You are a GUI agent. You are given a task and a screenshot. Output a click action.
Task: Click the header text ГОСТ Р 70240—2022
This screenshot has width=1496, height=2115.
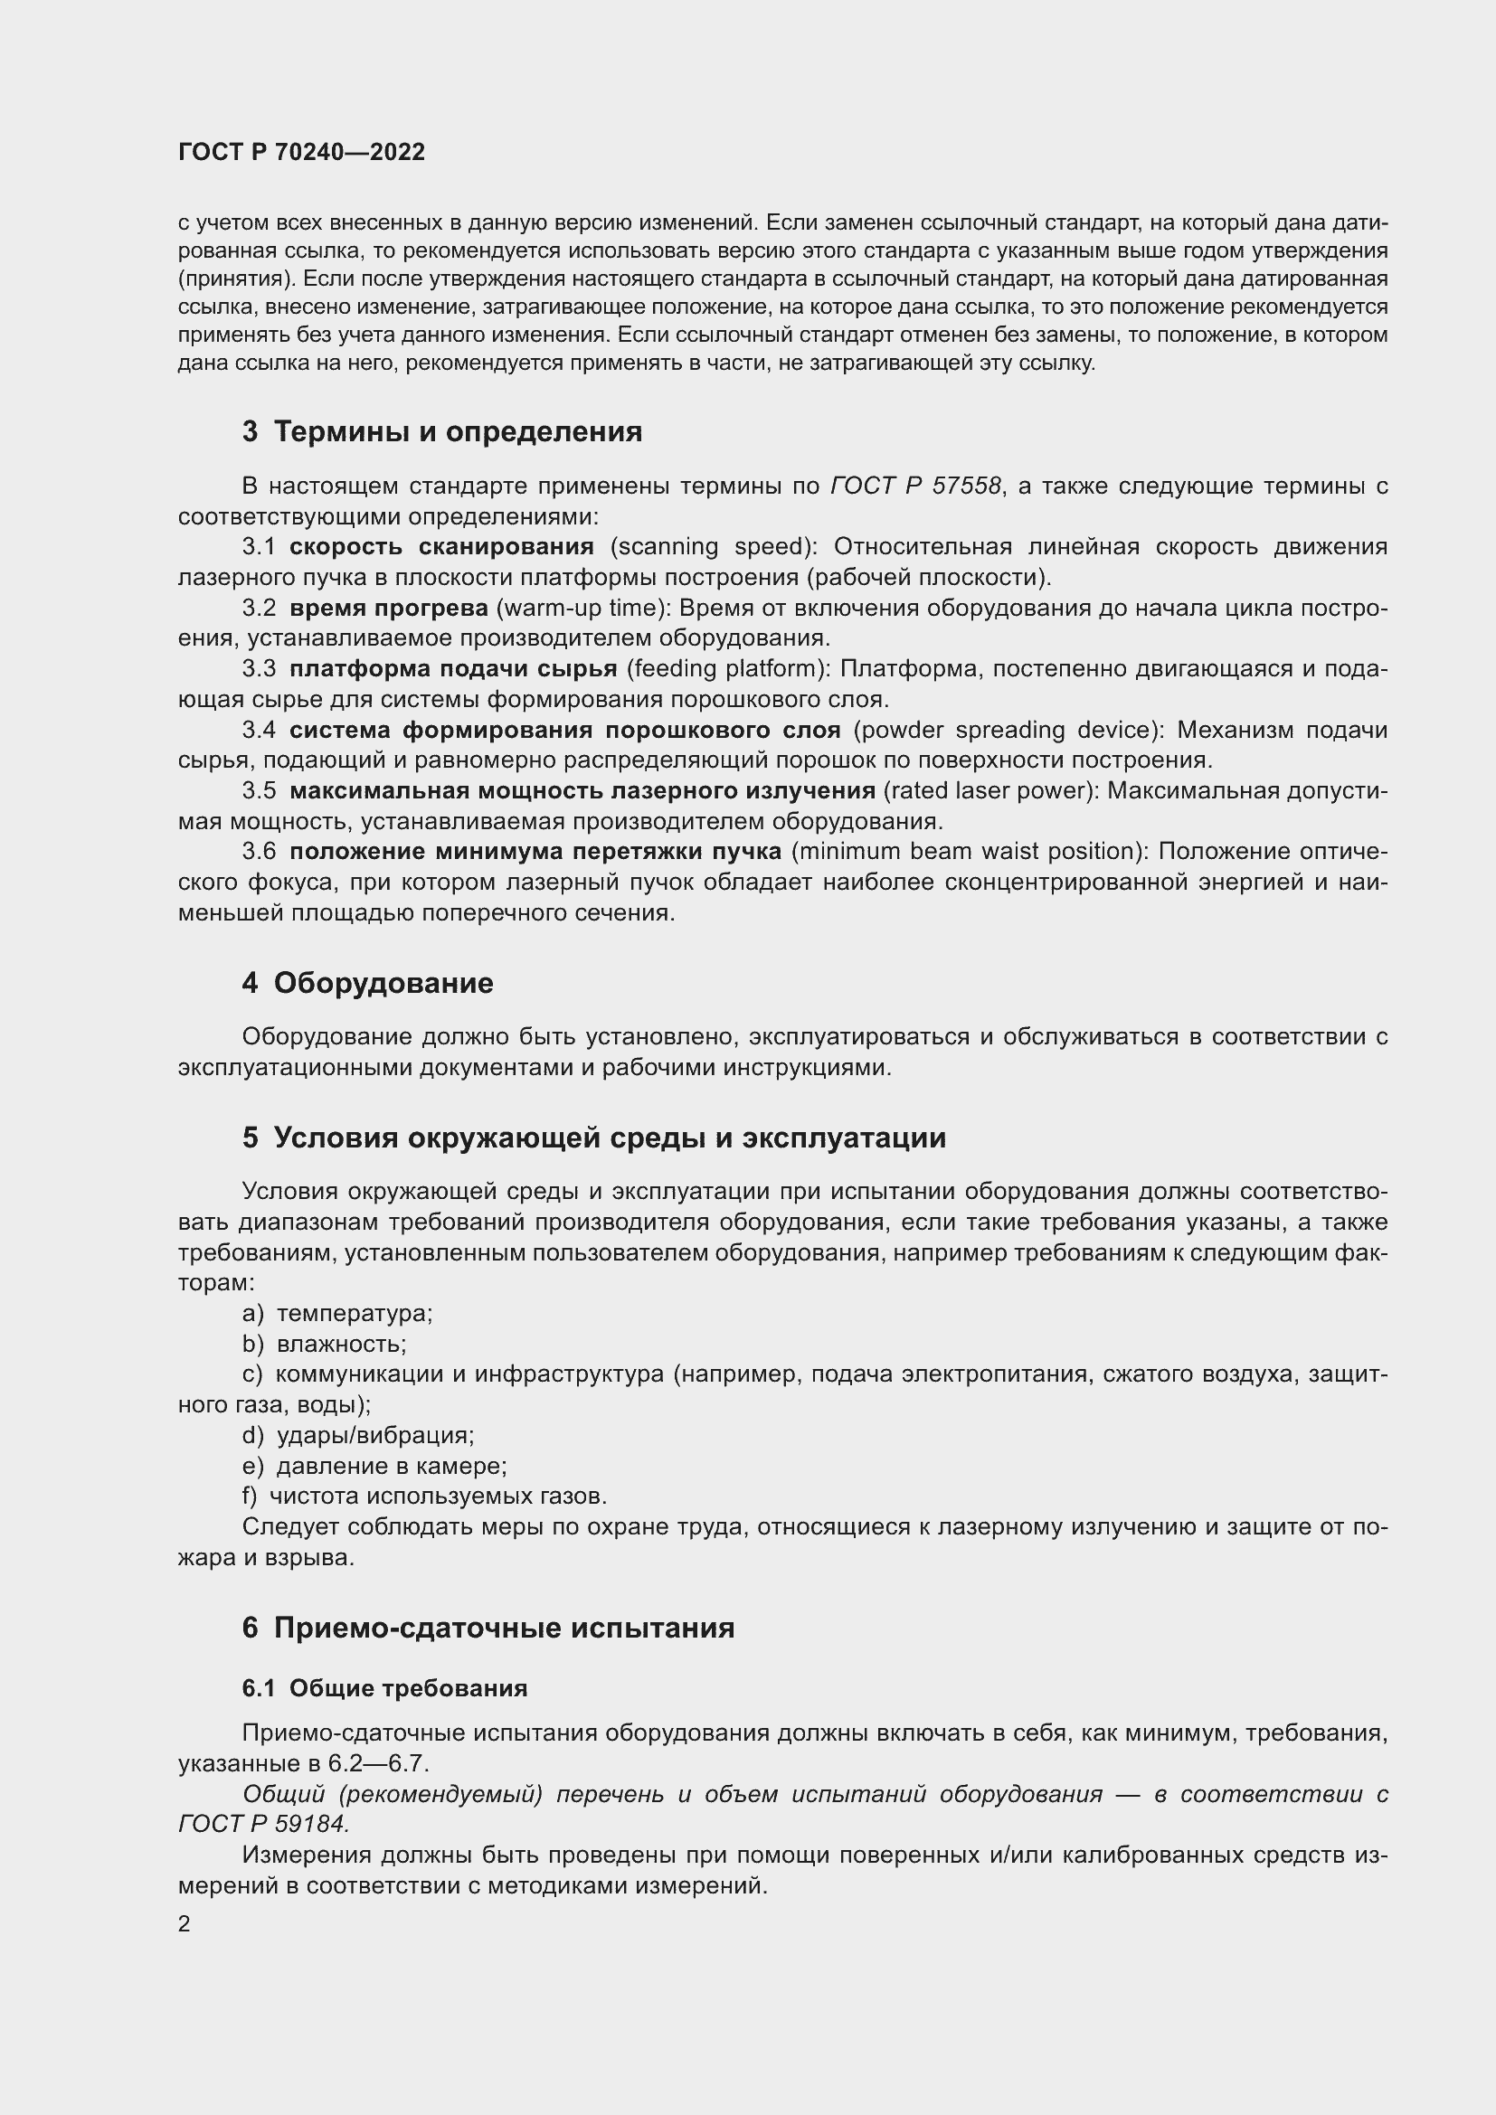click(x=301, y=152)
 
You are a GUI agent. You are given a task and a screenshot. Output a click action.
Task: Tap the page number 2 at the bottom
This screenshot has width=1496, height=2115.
click(x=185, y=1923)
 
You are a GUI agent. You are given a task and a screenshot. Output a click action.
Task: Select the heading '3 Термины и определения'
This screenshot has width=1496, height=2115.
click(x=442, y=431)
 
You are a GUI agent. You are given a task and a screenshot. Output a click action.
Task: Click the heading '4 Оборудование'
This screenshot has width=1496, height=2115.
click(x=367, y=983)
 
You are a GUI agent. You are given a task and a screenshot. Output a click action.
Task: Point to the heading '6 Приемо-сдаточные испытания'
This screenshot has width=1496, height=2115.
click(x=488, y=1628)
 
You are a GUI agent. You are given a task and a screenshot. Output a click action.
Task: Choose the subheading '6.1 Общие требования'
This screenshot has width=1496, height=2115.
click(x=385, y=1687)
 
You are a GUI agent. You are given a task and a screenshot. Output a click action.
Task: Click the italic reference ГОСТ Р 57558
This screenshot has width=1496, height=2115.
click(x=915, y=486)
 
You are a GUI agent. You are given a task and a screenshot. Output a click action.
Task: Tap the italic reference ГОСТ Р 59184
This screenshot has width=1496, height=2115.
click(x=263, y=1823)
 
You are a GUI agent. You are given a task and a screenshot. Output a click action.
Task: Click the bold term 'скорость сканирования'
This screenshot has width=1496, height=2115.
click(x=441, y=546)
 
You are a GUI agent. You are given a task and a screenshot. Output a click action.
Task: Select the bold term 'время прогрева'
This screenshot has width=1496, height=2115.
click(x=389, y=608)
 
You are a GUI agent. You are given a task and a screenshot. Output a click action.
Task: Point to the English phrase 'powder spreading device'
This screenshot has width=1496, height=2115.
click(x=1005, y=730)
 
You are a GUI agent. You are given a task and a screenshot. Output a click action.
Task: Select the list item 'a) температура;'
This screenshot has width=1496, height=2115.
click(x=337, y=1313)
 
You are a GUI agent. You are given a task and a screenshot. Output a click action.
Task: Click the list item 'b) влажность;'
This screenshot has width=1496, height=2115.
click(x=325, y=1343)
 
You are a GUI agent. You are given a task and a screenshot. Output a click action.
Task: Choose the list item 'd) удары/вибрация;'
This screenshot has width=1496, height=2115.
click(x=358, y=1435)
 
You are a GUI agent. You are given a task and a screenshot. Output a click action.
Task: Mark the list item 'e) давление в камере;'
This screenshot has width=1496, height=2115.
click(x=375, y=1466)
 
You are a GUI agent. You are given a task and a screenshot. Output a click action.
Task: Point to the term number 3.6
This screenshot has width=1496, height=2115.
click(x=259, y=851)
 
